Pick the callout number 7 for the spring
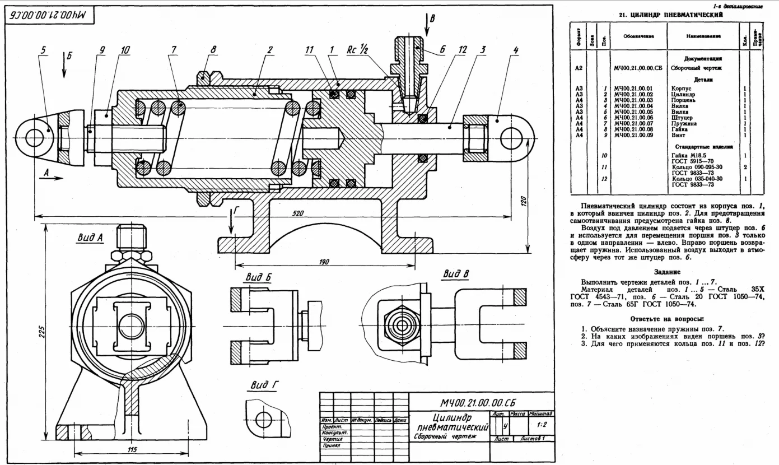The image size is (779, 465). [x=174, y=49]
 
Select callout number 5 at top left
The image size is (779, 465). [x=43, y=49]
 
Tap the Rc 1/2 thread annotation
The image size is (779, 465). [x=359, y=49]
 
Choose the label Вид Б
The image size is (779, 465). [x=258, y=277]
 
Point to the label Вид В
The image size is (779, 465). [x=455, y=273]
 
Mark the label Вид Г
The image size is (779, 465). [x=259, y=385]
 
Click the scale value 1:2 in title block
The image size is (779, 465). [x=541, y=425]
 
